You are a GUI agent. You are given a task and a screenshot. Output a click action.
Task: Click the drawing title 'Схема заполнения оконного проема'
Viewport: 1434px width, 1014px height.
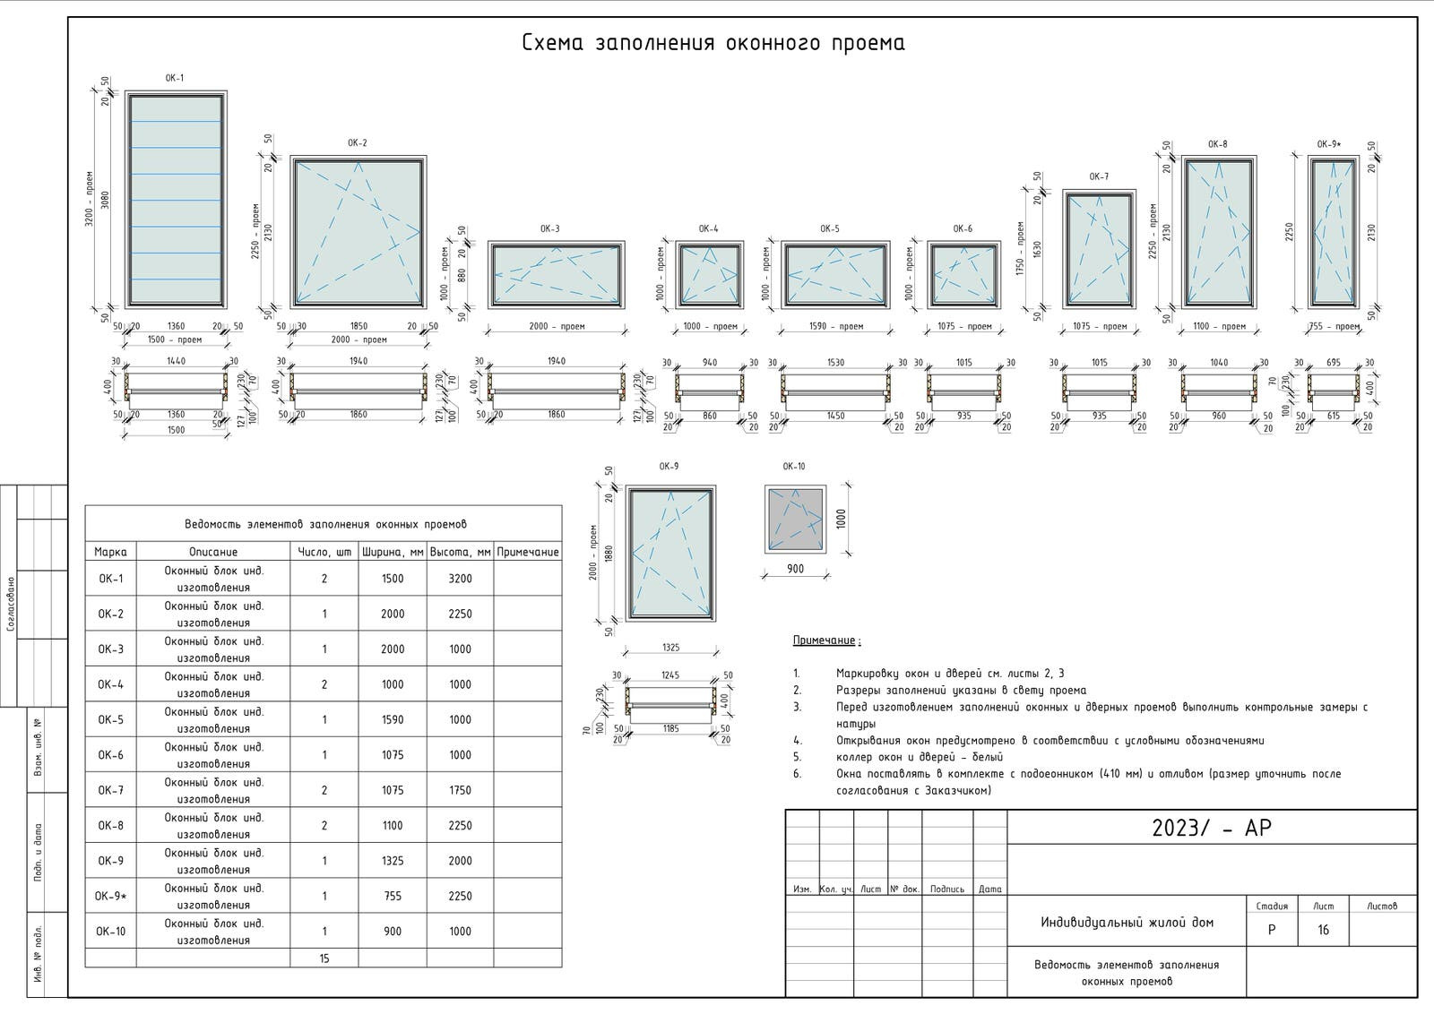pos(713,43)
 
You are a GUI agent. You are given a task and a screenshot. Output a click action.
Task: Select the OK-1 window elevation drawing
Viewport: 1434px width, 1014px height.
pos(176,199)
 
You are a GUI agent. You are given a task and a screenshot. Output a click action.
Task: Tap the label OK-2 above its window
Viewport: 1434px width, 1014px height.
pos(358,143)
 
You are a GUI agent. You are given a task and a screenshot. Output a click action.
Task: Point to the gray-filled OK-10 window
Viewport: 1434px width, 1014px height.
pos(794,520)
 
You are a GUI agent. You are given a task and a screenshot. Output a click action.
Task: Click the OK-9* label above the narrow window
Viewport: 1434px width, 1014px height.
pos(1329,144)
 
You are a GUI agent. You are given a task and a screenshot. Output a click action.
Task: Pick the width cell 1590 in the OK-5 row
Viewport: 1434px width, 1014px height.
pos(393,719)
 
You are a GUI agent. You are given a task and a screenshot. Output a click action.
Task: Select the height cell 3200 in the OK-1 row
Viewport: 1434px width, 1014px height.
pos(460,579)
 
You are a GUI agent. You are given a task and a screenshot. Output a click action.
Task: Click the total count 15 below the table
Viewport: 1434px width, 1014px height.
pos(324,958)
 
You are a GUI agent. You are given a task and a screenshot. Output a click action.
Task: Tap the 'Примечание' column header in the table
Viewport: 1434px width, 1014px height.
pos(528,552)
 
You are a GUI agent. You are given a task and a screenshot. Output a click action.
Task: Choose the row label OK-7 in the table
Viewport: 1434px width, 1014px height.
pos(111,790)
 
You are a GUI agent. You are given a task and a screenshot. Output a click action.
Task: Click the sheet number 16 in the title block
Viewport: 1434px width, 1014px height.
pos(1323,930)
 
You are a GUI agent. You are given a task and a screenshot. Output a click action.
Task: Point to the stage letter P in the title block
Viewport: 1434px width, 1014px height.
pos(1272,930)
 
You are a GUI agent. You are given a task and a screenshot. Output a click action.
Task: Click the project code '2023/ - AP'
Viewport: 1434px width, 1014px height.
pos(1212,828)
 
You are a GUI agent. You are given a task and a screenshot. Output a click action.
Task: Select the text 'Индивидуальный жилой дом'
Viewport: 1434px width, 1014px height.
pos(1127,922)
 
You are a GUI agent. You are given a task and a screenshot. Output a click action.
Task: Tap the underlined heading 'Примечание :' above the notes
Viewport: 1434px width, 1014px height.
pos(826,640)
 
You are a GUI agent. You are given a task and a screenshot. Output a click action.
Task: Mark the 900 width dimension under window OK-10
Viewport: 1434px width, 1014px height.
pos(795,569)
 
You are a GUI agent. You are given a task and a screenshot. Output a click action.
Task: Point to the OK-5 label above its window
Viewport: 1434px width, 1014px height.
pos(830,228)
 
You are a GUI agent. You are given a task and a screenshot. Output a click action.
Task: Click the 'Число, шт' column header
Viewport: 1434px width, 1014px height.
pos(324,552)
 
